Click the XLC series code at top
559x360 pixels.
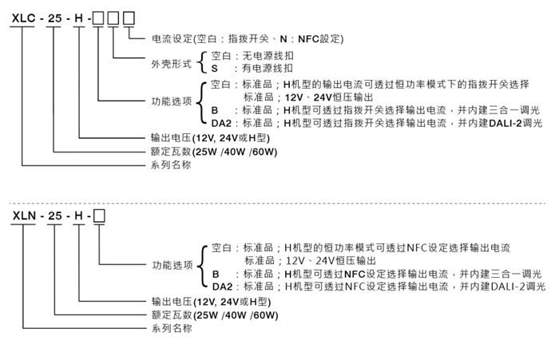[23, 18]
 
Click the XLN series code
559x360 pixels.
[24, 216]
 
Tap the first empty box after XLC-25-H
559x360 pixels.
[98, 18]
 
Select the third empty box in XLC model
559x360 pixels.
[129, 18]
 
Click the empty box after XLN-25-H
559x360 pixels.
[99, 216]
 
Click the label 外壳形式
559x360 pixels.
[172, 64]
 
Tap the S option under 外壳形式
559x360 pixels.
[214, 69]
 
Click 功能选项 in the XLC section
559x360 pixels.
[172, 101]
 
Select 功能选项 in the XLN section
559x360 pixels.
[173, 265]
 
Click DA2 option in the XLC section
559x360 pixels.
[221, 124]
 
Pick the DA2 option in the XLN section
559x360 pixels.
[223, 287]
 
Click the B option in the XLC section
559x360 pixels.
[215, 110]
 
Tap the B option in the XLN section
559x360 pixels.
[216, 274]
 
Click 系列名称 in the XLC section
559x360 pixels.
[171, 164]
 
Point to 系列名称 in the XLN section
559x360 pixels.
[172, 328]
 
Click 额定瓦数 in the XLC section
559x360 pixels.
[171, 152]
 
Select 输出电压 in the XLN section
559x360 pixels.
[172, 302]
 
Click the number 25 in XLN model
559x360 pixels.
[55, 216]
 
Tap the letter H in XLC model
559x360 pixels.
[78, 18]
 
